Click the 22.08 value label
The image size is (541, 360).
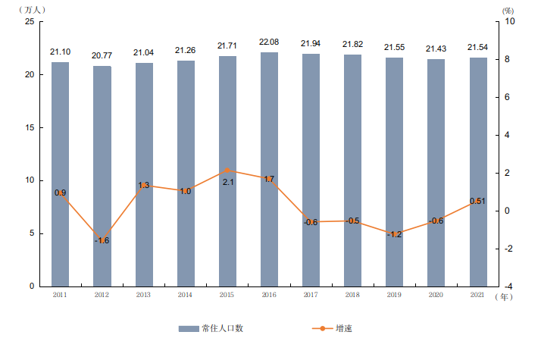pyautogui.click(x=269, y=42)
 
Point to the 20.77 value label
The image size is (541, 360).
pyautogui.click(x=102, y=56)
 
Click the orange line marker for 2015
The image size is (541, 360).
pyautogui.click(x=227, y=171)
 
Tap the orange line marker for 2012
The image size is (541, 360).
pyautogui.click(x=102, y=240)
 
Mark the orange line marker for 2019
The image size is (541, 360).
pyautogui.click(x=394, y=233)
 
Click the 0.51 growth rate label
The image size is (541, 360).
pyautogui.click(x=477, y=201)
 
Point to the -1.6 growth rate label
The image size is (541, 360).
pyautogui.click(x=102, y=240)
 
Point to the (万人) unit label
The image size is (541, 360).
pyautogui.click(x=31, y=9)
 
